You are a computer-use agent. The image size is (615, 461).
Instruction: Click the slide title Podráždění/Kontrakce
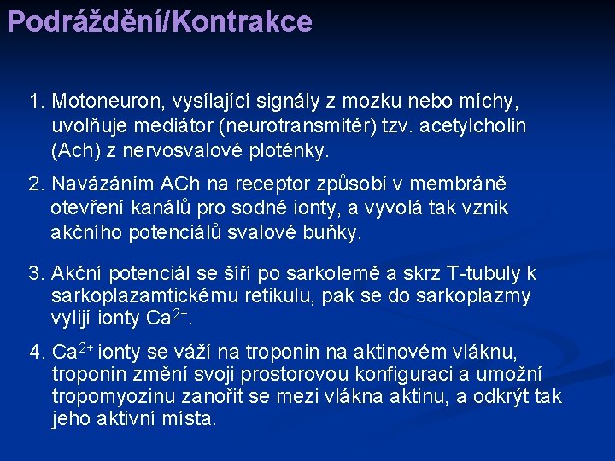[x=159, y=21]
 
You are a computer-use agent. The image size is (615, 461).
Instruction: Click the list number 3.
[x=35, y=273]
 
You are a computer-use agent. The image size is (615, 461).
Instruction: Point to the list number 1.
[x=35, y=102]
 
